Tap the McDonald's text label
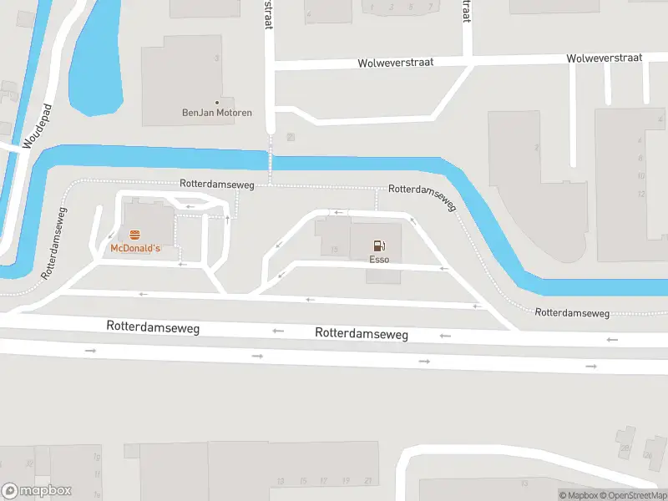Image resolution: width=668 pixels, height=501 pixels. tap(135, 249)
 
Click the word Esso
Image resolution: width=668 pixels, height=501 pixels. tap(380, 260)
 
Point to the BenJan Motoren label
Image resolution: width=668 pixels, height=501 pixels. tap(217, 113)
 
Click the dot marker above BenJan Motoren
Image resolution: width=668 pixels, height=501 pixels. tap(217, 103)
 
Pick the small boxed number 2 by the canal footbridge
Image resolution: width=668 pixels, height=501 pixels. tap(290, 137)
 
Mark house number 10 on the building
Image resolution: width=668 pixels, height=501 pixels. tap(640, 176)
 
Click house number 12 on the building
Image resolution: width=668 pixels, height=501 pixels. tap(640, 195)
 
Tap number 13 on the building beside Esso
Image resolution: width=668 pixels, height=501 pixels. tap(334, 250)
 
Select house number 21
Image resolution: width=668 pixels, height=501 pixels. tap(367, 481)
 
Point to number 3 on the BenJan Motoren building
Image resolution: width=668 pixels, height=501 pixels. tap(216, 58)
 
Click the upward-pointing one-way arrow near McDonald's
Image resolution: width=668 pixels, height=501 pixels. tap(228, 220)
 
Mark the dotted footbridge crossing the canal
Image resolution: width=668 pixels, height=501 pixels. tap(271, 154)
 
